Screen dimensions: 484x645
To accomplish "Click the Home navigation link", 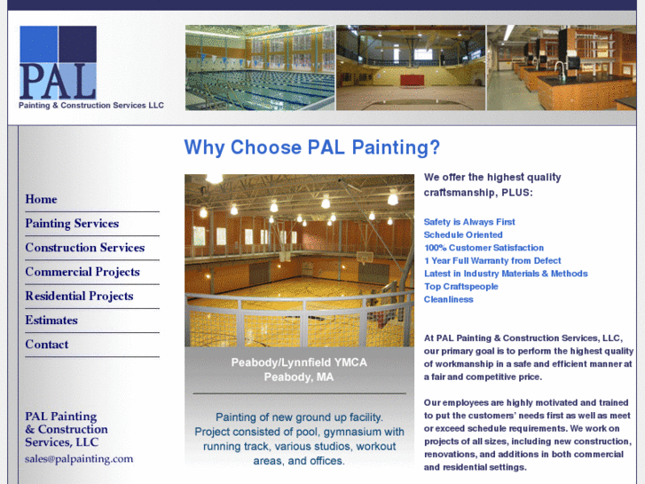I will [41, 200].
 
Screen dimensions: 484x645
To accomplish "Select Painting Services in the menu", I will [72, 224].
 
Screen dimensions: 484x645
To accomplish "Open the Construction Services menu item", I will [84, 248].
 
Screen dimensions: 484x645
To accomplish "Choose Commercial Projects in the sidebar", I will [83, 272].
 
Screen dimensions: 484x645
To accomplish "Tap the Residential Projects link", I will [79, 296].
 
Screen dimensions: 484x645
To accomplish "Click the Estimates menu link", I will [51, 320].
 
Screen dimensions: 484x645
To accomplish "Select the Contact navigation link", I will [47, 345].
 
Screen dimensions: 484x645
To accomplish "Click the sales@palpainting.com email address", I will [79, 459].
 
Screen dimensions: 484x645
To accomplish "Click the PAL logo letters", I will [58, 80].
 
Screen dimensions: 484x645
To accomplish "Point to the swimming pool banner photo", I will [259, 67].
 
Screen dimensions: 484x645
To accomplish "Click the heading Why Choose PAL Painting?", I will [311, 147].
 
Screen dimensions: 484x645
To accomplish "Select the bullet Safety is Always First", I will [469, 222].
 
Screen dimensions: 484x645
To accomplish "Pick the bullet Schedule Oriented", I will [463, 235].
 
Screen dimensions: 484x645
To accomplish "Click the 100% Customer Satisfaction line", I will [484, 248].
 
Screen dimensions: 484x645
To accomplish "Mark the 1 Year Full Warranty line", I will [492, 261].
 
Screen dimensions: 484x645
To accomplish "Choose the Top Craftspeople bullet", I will [461, 287].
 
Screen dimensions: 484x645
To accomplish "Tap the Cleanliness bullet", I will [449, 299].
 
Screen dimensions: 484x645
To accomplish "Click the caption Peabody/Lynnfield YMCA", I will [299, 362].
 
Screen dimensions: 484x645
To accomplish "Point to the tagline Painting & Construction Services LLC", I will [91, 105].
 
